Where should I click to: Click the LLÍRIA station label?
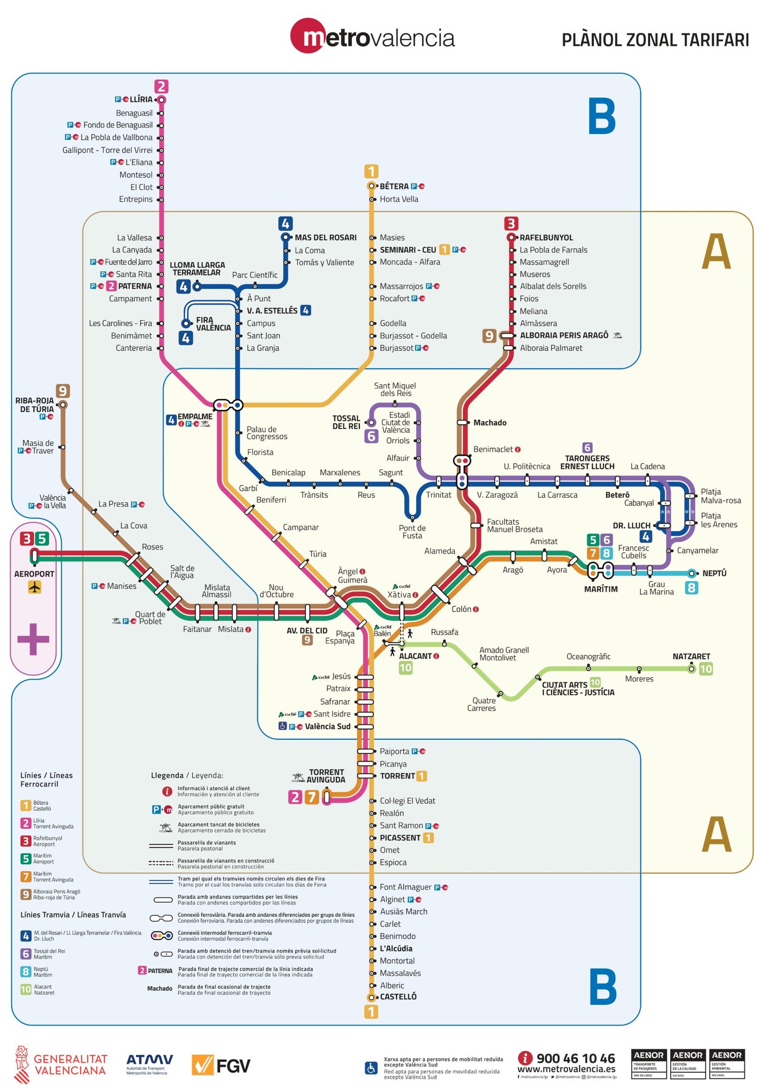coord(141,99)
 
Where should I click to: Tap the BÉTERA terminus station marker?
coord(371,186)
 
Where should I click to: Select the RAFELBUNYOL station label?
coord(546,237)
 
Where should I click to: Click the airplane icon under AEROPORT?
coord(35,588)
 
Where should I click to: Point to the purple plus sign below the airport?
coord(33,639)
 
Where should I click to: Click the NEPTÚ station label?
coord(714,573)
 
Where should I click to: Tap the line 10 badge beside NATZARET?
coord(705,669)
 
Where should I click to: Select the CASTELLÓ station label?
coord(398,997)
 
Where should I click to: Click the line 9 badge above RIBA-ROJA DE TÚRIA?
coord(63,391)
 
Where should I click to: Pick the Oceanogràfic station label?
coord(588,657)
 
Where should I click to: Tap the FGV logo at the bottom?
coord(221,1066)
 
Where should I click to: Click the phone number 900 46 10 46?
coord(575,1059)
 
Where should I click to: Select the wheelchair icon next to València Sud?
coord(283,726)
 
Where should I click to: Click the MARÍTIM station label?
coord(601,589)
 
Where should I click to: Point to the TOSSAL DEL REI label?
coord(346,422)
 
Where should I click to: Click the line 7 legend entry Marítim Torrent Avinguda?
coord(48,876)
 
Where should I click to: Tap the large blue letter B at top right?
coord(602,116)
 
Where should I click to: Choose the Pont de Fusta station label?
coord(412,531)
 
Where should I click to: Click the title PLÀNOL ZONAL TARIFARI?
coord(655,40)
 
